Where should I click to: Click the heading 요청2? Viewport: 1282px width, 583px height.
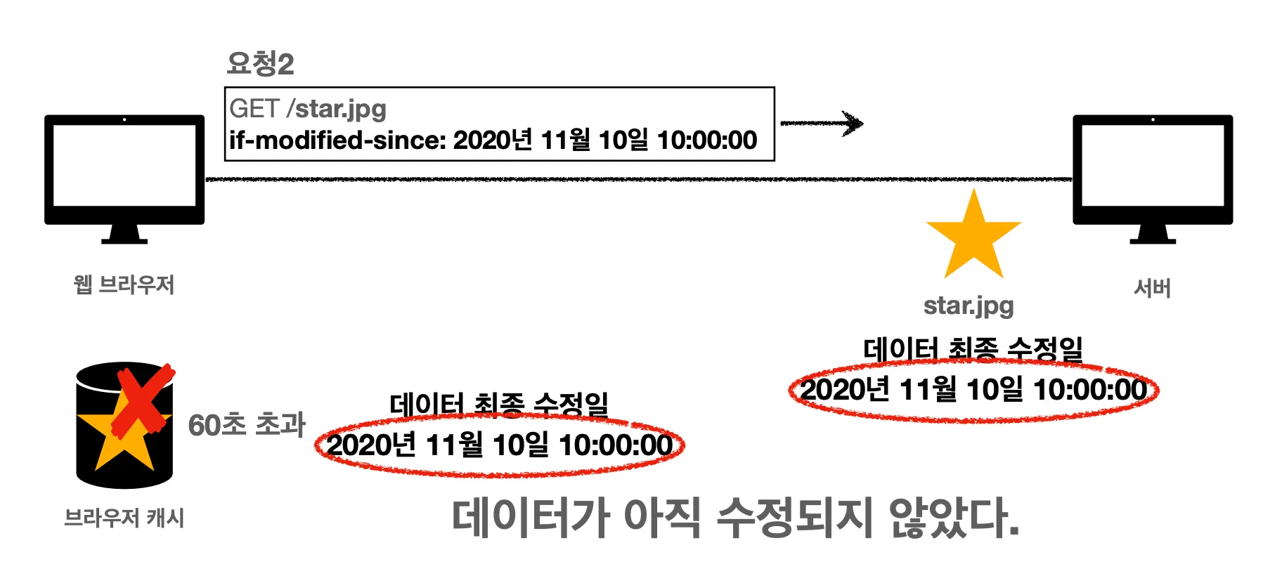pyautogui.click(x=260, y=64)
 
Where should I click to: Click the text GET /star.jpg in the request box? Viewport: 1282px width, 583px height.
pyautogui.click(x=308, y=109)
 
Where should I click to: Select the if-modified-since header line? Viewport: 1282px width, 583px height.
pyautogui.click(x=493, y=140)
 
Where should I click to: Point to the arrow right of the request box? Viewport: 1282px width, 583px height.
pyautogui.click(x=822, y=124)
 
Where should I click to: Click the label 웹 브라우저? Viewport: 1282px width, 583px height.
pyautogui.click(x=124, y=285)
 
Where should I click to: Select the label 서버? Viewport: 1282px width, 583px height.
pyautogui.click(x=1152, y=288)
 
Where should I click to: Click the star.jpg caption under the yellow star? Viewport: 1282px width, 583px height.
pyautogui.click(x=969, y=306)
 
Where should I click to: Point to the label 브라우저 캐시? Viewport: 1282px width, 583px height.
pyautogui.click(x=124, y=518)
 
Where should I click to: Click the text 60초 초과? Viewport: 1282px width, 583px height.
pyautogui.click(x=247, y=425)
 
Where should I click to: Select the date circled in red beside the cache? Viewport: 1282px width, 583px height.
pyautogui.click(x=500, y=445)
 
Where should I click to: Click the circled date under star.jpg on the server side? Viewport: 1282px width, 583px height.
pyautogui.click(x=973, y=390)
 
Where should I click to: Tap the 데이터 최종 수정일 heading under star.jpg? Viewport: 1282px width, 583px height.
pyautogui.click(x=973, y=348)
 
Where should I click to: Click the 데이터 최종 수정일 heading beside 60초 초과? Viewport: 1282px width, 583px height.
pyautogui.click(x=499, y=404)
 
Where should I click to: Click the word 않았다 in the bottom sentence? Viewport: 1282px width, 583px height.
pyautogui.click(x=952, y=518)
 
